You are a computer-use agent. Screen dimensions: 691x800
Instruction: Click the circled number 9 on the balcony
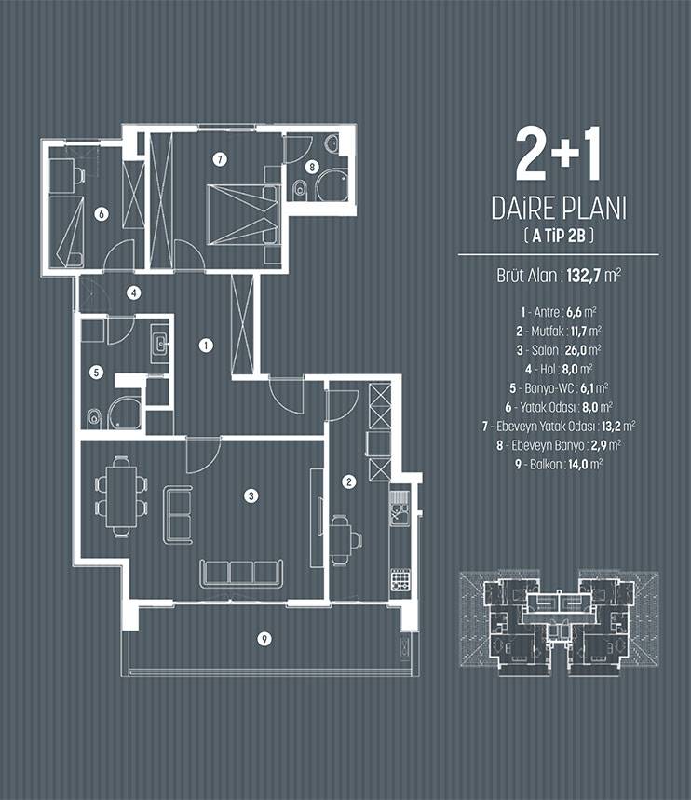coord(264,638)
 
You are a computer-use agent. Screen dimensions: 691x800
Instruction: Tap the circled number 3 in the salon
coord(251,495)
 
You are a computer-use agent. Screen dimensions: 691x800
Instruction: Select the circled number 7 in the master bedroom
coord(220,159)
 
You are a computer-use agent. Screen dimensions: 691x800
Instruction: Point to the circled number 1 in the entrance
coord(206,346)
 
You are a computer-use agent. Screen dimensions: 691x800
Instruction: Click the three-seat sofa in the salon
coord(241,573)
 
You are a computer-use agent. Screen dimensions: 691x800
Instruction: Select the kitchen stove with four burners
coord(400,579)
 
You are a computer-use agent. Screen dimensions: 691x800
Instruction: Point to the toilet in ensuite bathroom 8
coord(300,189)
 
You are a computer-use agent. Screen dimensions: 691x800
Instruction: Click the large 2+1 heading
coord(557,154)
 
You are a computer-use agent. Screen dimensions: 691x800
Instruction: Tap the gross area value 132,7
coord(585,276)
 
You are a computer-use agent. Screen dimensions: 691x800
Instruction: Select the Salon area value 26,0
coord(576,350)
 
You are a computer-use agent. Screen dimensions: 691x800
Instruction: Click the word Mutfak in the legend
coord(547,332)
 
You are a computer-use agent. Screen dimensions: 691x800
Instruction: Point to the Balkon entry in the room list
coord(559,465)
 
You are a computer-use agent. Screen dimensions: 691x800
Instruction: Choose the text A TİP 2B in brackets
coord(560,236)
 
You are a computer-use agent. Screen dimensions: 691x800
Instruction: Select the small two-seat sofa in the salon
coord(178,515)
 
